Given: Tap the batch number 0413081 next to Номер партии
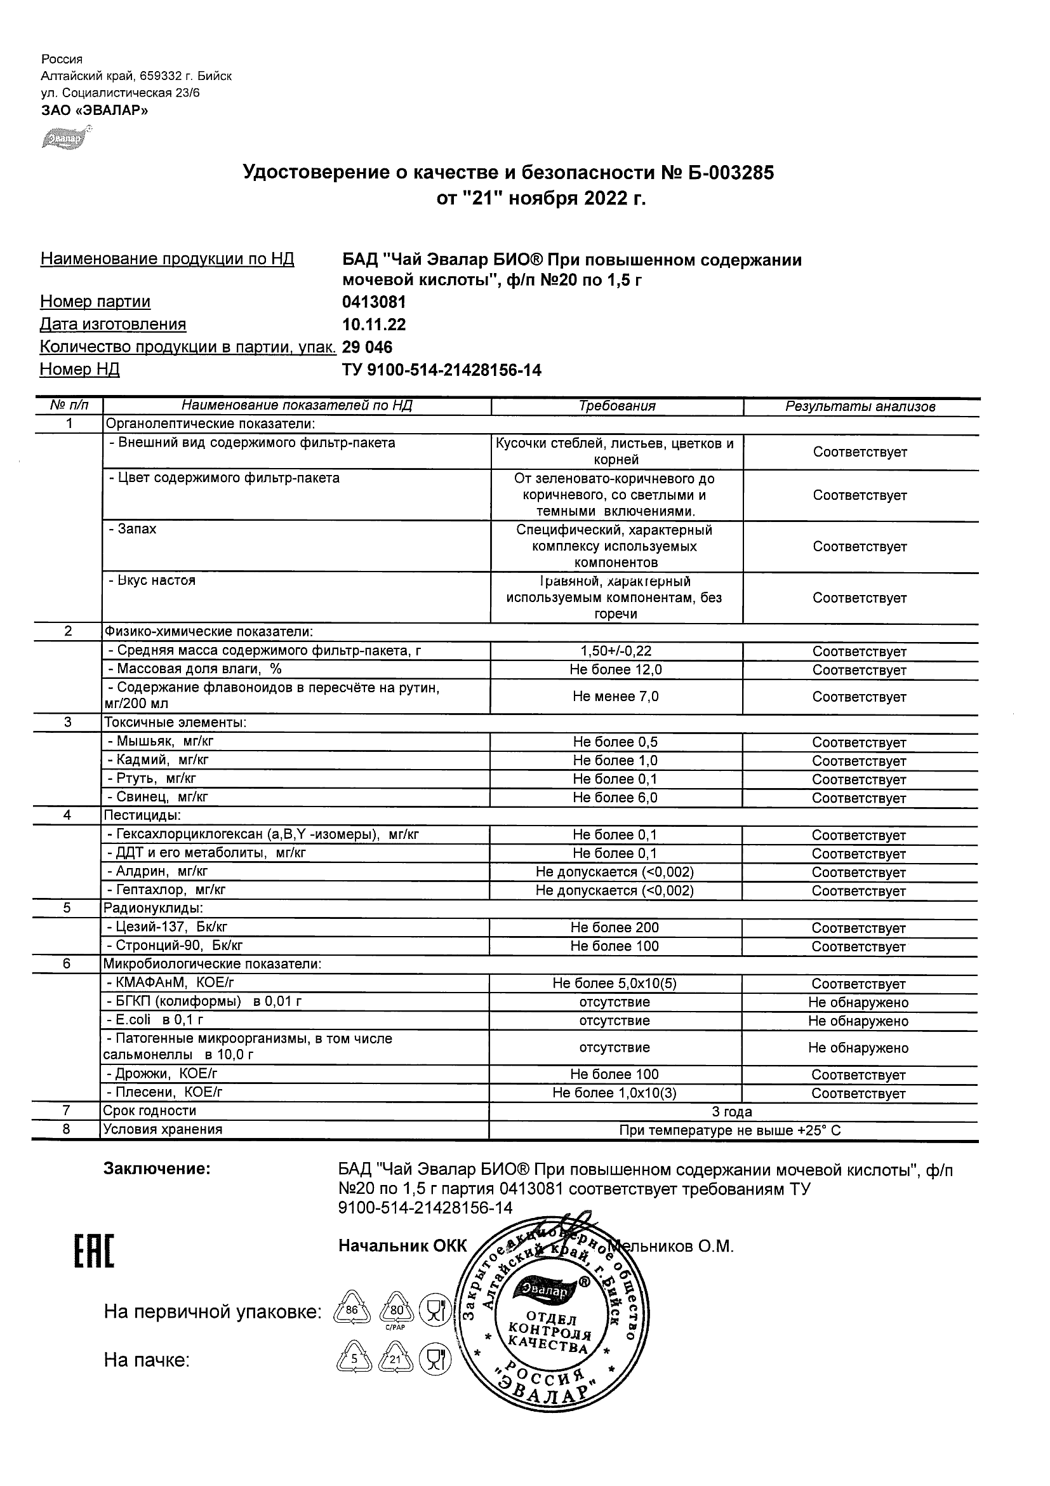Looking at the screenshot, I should point(374,302).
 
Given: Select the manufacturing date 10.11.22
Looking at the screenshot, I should point(374,325).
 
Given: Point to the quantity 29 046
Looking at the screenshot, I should point(367,347).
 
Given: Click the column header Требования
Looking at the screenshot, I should point(616,406).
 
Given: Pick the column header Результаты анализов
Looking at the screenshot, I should point(860,407).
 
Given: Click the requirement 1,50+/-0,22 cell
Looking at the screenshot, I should point(616,651).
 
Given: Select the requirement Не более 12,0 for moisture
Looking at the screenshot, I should point(616,670).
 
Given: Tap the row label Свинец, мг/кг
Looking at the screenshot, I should point(158,798).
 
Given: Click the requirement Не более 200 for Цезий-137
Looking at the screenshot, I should point(615,928).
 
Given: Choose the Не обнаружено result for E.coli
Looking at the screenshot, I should point(858,1021).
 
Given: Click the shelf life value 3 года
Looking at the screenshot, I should point(732,1112).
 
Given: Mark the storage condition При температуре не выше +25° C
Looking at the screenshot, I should point(730,1130).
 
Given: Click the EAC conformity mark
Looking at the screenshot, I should point(94,1252).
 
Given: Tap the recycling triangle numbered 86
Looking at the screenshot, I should point(352,1311).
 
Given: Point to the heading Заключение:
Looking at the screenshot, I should point(157,1170).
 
